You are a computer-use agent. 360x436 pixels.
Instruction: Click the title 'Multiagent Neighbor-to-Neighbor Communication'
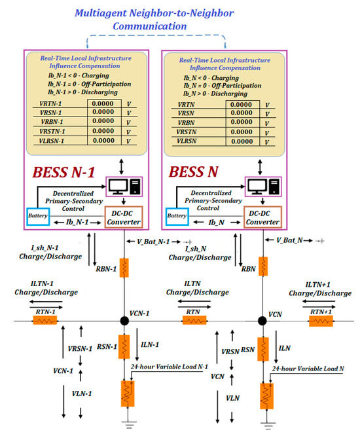(x=155, y=19)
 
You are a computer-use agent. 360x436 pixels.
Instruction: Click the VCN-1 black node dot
(x=124, y=320)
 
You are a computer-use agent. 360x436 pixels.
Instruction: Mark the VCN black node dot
(x=262, y=320)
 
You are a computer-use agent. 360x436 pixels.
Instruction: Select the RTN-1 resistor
(x=45, y=320)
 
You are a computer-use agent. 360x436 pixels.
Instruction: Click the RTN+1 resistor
(x=321, y=320)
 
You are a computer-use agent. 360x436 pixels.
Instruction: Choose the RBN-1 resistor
(x=124, y=266)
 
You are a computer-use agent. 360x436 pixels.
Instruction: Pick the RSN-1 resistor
(x=124, y=349)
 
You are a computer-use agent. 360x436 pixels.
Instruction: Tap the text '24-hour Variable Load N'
(x=308, y=369)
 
